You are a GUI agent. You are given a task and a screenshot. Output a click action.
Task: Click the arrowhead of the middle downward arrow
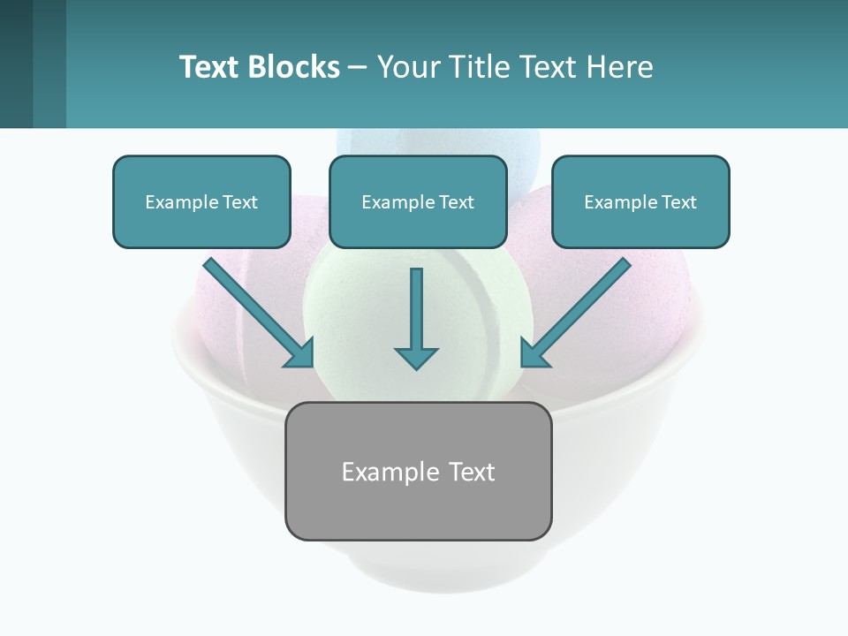(x=416, y=358)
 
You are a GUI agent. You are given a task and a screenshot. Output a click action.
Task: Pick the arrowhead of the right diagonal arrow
(x=533, y=354)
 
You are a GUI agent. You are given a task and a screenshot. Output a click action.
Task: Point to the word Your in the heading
(x=407, y=67)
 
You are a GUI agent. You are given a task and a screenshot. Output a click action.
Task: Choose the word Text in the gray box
(x=471, y=472)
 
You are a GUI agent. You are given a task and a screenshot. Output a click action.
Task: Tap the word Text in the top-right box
(x=678, y=202)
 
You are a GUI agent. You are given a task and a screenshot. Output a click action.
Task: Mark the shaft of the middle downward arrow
(x=416, y=305)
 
